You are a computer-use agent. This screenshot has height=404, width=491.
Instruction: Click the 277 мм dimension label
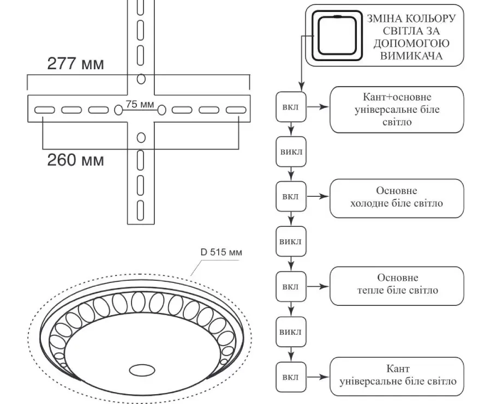click(x=75, y=64)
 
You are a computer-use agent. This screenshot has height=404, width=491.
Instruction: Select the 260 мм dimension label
click(x=75, y=160)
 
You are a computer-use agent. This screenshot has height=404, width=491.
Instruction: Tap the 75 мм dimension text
click(x=140, y=104)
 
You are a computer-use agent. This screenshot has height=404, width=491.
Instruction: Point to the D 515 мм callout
click(x=221, y=252)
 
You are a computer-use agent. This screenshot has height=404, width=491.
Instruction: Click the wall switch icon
click(x=337, y=35)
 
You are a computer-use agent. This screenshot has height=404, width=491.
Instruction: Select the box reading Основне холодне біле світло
click(x=397, y=198)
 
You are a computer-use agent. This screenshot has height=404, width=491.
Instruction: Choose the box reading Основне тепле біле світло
click(x=397, y=286)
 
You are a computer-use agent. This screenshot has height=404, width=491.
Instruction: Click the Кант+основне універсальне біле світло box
click(x=397, y=110)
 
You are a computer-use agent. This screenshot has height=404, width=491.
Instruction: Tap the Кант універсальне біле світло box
click(x=397, y=376)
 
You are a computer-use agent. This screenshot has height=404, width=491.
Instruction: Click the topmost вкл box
click(x=291, y=107)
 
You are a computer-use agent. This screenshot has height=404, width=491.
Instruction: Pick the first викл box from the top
click(x=291, y=152)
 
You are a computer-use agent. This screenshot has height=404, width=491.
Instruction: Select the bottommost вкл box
click(x=291, y=377)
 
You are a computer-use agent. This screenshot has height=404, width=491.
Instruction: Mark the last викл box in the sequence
click(x=291, y=331)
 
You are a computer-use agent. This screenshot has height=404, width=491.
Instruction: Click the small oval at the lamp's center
click(x=142, y=370)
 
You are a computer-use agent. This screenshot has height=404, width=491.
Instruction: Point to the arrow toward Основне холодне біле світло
click(x=318, y=196)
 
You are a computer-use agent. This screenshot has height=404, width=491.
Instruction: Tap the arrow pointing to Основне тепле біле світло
click(x=318, y=286)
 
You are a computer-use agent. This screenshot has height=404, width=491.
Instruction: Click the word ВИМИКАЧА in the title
click(x=411, y=56)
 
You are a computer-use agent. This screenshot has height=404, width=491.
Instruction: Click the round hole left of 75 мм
click(x=118, y=110)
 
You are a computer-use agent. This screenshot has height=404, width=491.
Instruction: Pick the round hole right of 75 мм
click(x=161, y=110)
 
